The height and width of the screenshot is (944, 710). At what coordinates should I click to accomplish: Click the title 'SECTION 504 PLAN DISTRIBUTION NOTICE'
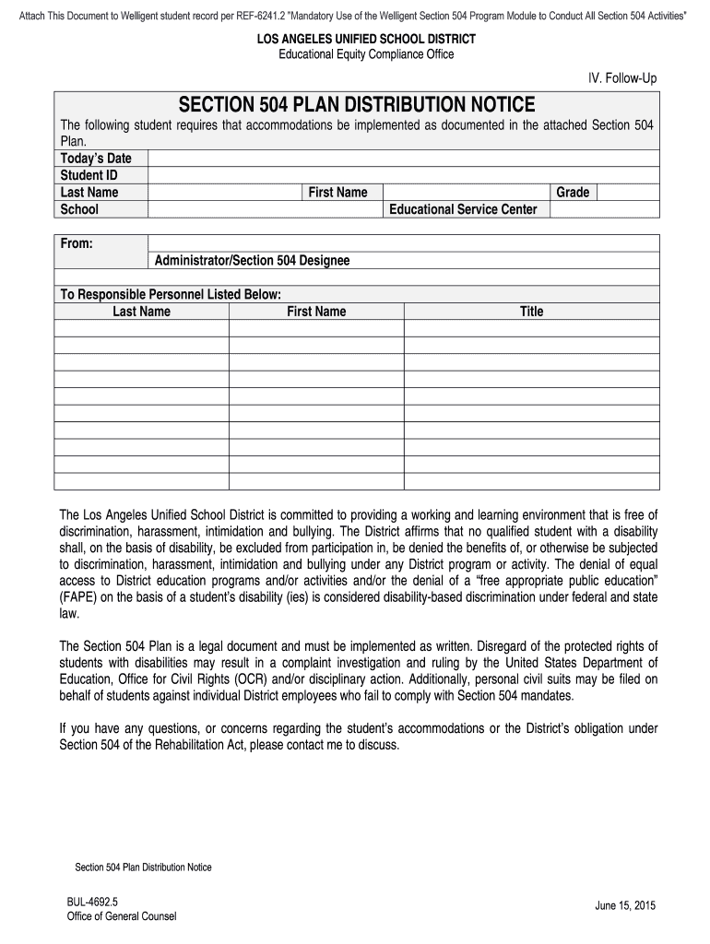[x=356, y=104]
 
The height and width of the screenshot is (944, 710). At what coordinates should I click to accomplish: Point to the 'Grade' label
[x=573, y=193]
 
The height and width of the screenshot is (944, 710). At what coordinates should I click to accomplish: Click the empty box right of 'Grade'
[x=628, y=193]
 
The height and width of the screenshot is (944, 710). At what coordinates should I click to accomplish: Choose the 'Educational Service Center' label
[x=463, y=209]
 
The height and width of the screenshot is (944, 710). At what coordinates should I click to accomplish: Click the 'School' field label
[x=79, y=209]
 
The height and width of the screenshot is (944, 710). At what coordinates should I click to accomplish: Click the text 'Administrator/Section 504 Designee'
[x=252, y=261]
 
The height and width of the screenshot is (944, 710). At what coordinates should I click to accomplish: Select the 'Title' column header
[x=531, y=312]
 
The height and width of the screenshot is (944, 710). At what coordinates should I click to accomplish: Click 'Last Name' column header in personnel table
[x=141, y=312]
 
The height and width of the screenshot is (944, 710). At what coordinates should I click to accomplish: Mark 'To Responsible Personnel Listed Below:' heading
[x=171, y=295]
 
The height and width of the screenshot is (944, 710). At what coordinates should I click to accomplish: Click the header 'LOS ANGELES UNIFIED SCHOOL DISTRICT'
[x=354, y=40]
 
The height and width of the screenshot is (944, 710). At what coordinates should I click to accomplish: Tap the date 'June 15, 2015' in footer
[x=625, y=905]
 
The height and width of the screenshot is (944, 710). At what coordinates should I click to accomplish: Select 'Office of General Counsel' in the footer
[x=121, y=916]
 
